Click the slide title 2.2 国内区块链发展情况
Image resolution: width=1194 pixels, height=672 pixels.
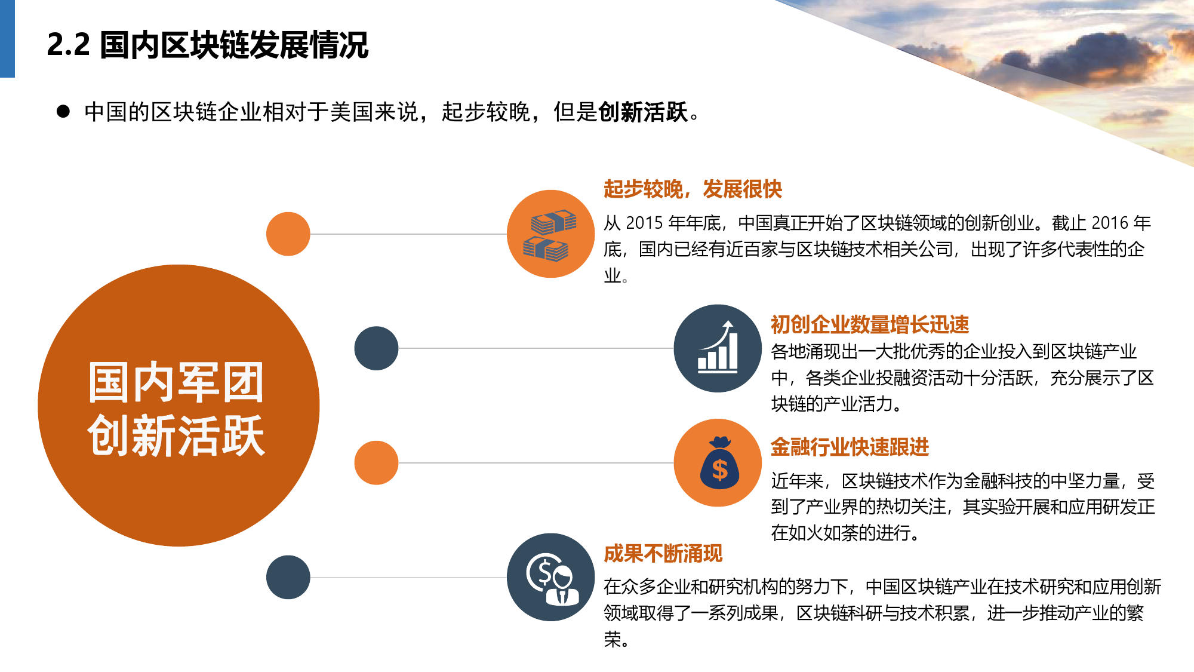(x=208, y=45)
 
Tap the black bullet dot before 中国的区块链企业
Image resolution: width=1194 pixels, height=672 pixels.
(x=63, y=112)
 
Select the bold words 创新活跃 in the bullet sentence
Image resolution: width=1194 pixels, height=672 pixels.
(x=643, y=112)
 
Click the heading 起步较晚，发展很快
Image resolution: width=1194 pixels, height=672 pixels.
(x=693, y=189)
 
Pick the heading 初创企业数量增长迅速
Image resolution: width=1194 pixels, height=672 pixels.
(x=870, y=324)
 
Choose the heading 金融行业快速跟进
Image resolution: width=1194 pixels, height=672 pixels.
(x=850, y=447)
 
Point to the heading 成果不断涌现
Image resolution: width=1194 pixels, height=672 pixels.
(x=663, y=553)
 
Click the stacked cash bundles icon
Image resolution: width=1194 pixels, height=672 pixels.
(x=550, y=235)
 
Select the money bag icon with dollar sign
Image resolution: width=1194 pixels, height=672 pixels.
(x=719, y=463)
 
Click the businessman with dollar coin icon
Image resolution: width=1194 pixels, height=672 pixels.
(x=552, y=578)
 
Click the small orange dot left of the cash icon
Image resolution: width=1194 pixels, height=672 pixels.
(x=288, y=234)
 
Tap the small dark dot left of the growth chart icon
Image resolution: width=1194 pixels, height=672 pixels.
(x=376, y=348)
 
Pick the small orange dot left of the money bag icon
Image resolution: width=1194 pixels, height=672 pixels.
(x=376, y=463)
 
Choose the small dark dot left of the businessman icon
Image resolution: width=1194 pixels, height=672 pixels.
(x=288, y=577)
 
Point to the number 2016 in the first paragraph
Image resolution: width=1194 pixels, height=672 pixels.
(x=1110, y=223)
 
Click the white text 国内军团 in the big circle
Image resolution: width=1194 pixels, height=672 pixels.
(x=176, y=382)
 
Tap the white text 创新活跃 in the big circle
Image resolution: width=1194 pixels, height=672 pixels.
(x=176, y=435)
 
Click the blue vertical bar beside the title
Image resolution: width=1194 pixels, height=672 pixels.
(x=7, y=39)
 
